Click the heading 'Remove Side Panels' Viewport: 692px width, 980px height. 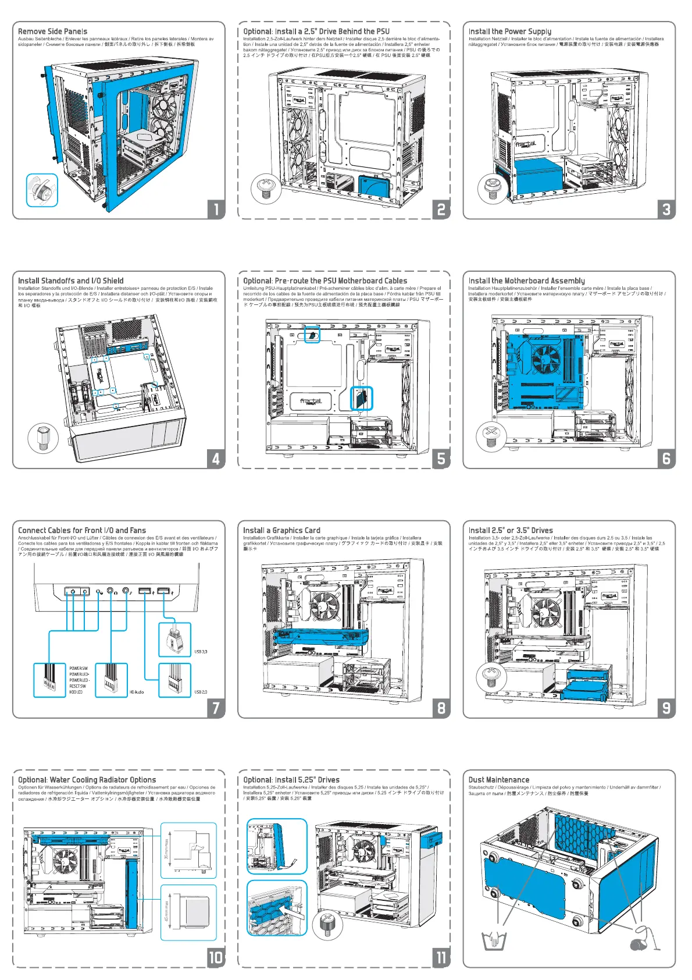52,31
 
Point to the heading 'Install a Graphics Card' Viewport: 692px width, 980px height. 281,530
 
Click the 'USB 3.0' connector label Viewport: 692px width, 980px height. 201,652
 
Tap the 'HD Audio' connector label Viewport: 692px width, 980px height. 137,692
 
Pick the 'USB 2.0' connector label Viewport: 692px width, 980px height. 201,692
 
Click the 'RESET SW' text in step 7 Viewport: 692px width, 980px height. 78,686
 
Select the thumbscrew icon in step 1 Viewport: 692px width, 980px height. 42,190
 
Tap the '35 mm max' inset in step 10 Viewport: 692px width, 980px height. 188,850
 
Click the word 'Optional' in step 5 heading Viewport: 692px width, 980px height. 257,280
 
